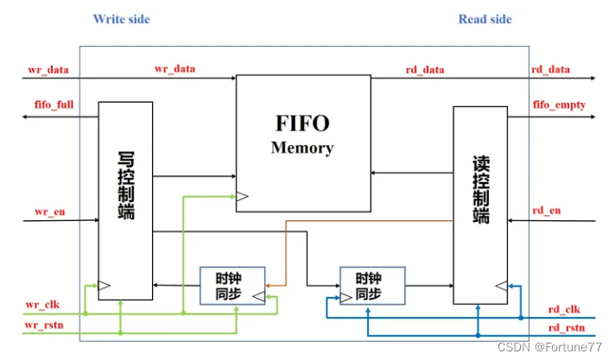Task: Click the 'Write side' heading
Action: [x=121, y=19]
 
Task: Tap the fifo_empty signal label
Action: [x=559, y=105]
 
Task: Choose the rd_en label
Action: [x=547, y=209]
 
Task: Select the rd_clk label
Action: [x=565, y=309]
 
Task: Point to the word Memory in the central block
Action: [x=301, y=148]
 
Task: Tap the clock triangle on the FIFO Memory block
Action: [x=242, y=198]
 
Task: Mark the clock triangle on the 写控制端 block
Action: [x=105, y=285]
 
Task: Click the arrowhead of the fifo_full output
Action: [x=26, y=117]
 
